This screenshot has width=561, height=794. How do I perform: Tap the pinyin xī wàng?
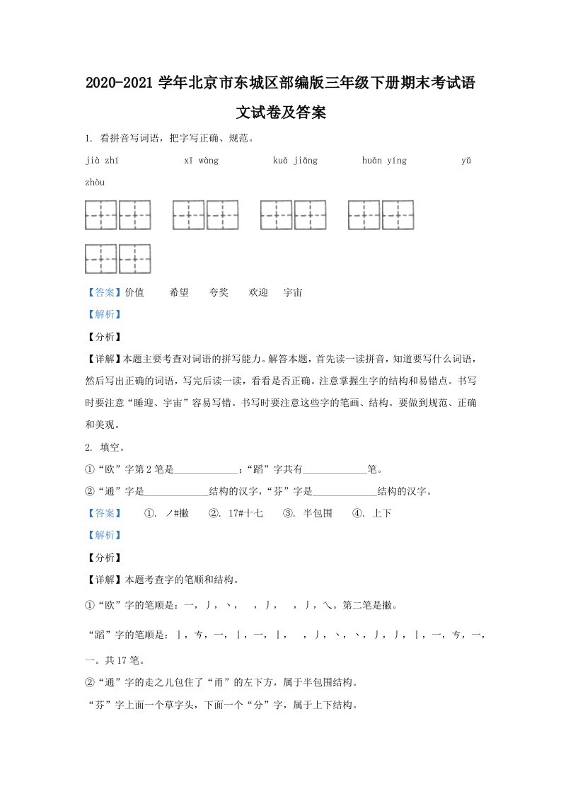(201, 161)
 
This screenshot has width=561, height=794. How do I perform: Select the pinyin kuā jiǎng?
(295, 161)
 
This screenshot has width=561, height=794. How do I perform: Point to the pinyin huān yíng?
(384, 161)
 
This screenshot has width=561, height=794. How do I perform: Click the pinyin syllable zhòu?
(95, 183)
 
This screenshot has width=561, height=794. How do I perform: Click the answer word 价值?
(134, 292)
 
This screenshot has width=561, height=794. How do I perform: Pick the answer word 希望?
(179, 292)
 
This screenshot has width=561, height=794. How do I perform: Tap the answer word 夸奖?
(219, 292)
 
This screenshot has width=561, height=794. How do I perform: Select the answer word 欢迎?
(258, 292)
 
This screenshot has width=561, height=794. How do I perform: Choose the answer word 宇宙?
(293, 292)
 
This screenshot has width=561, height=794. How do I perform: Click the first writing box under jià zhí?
(101, 215)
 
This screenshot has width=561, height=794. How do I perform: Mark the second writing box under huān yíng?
(398, 215)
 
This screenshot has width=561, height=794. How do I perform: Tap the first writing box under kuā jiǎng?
(277, 215)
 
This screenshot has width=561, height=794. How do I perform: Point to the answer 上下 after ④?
(381, 513)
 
